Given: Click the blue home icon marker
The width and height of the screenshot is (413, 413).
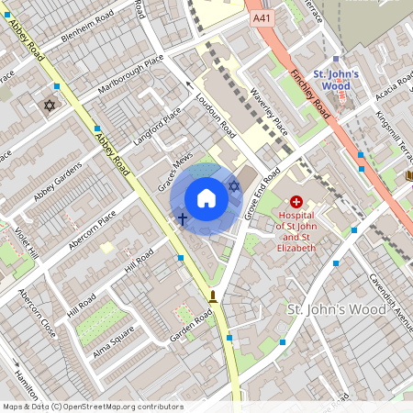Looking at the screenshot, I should point(206,198).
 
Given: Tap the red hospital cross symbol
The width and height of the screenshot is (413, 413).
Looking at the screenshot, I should point(296,201).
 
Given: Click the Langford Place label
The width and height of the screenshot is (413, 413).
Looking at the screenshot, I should point(160,128).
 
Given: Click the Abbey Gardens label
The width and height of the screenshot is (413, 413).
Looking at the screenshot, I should point(57,180).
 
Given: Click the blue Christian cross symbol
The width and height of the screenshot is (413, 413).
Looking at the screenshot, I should point(182,219).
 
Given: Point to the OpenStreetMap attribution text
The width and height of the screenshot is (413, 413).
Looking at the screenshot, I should point(92,407).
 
